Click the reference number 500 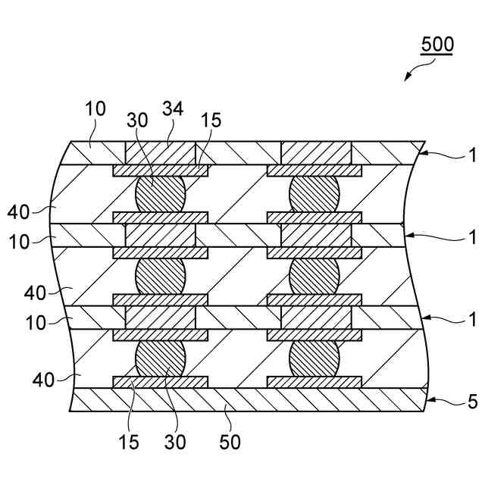(437, 44)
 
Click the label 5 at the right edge (472, 402)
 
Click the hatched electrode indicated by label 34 (160, 153)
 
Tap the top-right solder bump (314, 194)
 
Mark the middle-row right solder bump (314, 276)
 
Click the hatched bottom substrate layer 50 (250, 400)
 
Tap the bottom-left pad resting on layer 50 (160, 382)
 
